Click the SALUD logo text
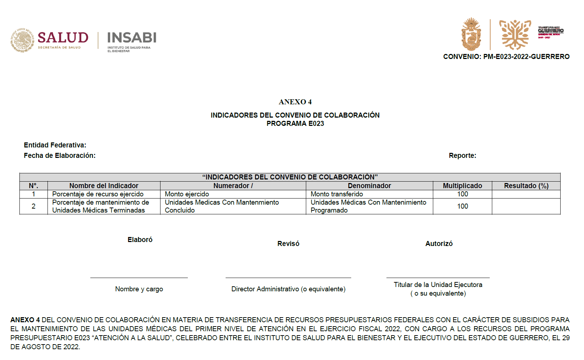tap(63, 38)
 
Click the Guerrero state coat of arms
tap(471, 35)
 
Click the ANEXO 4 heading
tap(295, 102)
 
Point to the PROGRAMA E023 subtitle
tap(295, 124)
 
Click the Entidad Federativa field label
tap(55, 145)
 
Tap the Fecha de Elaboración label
tap(60, 156)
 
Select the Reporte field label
tap(462, 156)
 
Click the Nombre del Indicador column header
tap(104, 186)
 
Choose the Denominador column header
tap(369, 186)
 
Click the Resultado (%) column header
tap(526, 186)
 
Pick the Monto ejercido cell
tap(187, 194)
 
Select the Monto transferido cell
tap(337, 194)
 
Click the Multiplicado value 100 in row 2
tap(462, 206)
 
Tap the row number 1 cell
tap(33, 194)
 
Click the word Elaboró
tap(140, 240)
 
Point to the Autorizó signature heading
tap(439, 244)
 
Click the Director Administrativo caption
tap(288, 289)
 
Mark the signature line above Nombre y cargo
tap(139, 278)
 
